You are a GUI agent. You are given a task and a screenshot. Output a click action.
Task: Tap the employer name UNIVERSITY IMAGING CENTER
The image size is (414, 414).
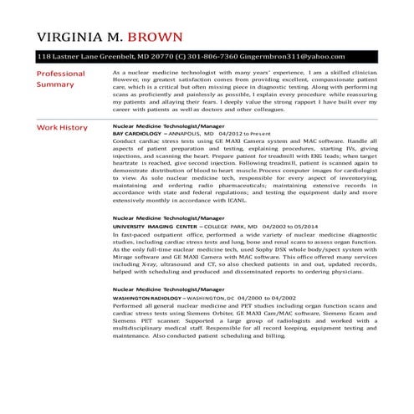pyautogui.click(x=154, y=227)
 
